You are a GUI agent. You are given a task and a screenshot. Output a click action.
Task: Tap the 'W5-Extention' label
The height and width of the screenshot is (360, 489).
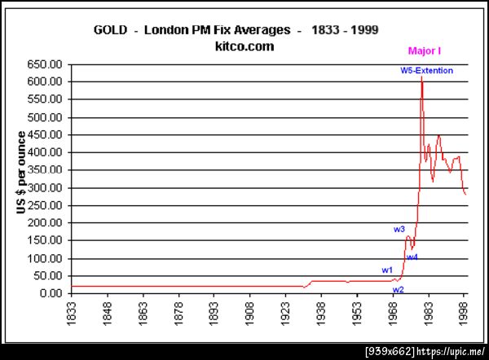[x=426, y=71]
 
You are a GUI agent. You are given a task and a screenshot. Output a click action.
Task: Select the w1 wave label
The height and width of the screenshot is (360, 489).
[x=387, y=270]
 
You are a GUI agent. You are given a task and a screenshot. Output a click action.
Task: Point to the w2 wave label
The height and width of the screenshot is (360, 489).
[x=398, y=289]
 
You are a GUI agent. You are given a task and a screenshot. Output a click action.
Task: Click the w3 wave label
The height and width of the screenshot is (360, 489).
[x=399, y=230]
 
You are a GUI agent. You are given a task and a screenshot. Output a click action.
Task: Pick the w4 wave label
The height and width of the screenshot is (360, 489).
[x=412, y=257]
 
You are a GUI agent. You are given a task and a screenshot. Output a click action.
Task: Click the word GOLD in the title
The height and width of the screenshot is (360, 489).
[x=112, y=30]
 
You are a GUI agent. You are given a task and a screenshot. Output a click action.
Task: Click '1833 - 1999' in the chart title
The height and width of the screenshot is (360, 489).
[x=346, y=30]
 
